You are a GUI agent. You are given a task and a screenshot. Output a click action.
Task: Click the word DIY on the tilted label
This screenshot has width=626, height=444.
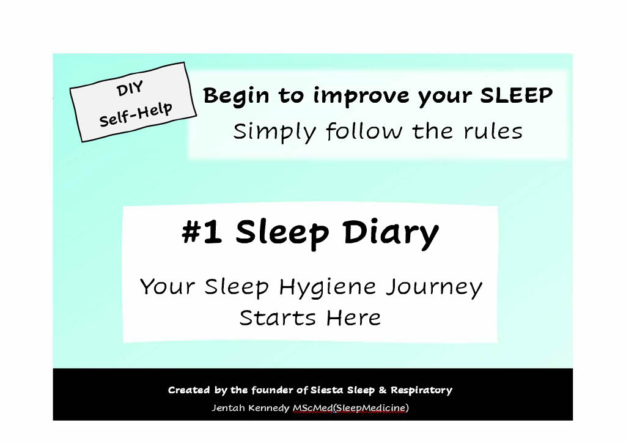(x=129, y=89)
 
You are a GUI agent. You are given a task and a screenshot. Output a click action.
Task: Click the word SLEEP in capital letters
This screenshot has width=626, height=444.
(x=516, y=95)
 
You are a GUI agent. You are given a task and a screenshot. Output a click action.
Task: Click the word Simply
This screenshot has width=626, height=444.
(x=274, y=131)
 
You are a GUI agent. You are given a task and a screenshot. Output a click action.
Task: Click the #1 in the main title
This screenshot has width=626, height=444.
(x=202, y=232)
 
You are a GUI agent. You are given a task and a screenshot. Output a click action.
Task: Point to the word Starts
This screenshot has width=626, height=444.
(x=278, y=318)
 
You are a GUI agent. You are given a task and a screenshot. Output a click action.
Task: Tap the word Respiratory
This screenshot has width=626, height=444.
(x=421, y=390)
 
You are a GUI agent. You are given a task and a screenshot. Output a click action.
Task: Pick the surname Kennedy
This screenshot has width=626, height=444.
(x=270, y=408)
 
